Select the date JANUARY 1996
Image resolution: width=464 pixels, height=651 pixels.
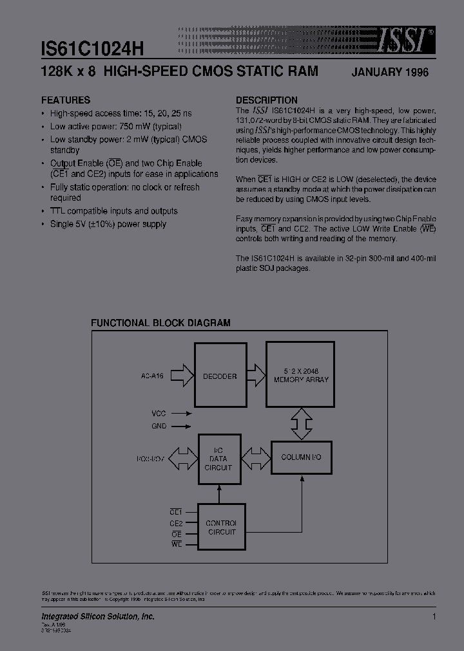pos(389,73)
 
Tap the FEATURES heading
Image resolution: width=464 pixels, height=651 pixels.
pos(66,100)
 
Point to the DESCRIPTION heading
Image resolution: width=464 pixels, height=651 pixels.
pos(266,100)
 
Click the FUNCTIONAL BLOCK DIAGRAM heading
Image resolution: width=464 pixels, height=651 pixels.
pos(160,323)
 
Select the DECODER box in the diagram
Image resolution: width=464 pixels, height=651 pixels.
pos(220,376)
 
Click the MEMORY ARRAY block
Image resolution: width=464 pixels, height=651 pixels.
pos(300,374)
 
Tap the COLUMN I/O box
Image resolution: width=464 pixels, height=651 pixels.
pos(301,457)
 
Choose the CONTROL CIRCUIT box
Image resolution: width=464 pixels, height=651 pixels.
pos(221,527)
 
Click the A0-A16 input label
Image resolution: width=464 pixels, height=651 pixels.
pos(153,376)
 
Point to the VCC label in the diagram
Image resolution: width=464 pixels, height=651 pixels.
pos(159,414)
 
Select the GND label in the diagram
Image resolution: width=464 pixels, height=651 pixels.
pos(159,426)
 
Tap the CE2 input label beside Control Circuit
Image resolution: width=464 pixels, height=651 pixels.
pos(176,523)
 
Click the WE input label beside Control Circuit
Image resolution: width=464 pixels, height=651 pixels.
pos(177,544)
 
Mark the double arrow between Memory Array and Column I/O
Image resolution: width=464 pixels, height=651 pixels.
pos(300,423)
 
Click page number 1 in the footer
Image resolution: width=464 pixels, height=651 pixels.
pos(434,617)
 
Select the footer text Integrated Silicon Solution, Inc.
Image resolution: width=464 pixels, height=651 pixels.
pos(98,617)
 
